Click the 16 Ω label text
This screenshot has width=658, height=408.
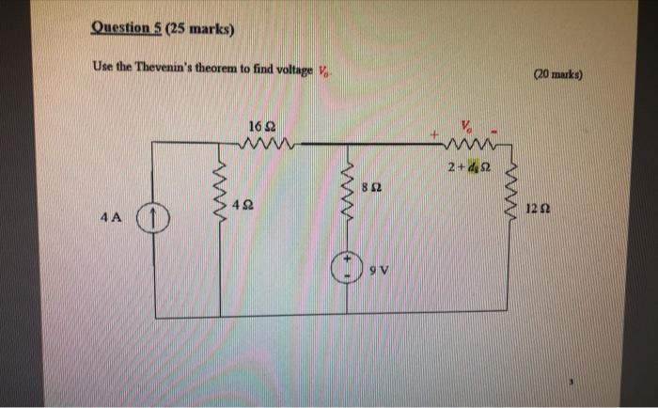[x=262, y=126]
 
